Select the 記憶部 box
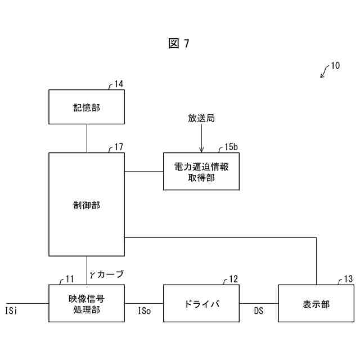[x=87, y=107]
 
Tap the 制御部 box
[x=87, y=205]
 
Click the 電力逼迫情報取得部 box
[x=201, y=172]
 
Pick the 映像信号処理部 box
[x=87, y=303]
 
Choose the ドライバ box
[x=201, y=303]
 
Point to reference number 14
[x=119, y=84]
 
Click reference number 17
[x=119, y=147]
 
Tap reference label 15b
[x=231, y=147]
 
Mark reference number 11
[x=70, y=279]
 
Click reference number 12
[x=233, y=279]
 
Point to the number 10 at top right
[x=335, y=66]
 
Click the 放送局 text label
[x=201, y=119]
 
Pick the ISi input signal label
[x=12, y=310]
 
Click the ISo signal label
[x=145, y=310]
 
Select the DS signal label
[x=259, y=310]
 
